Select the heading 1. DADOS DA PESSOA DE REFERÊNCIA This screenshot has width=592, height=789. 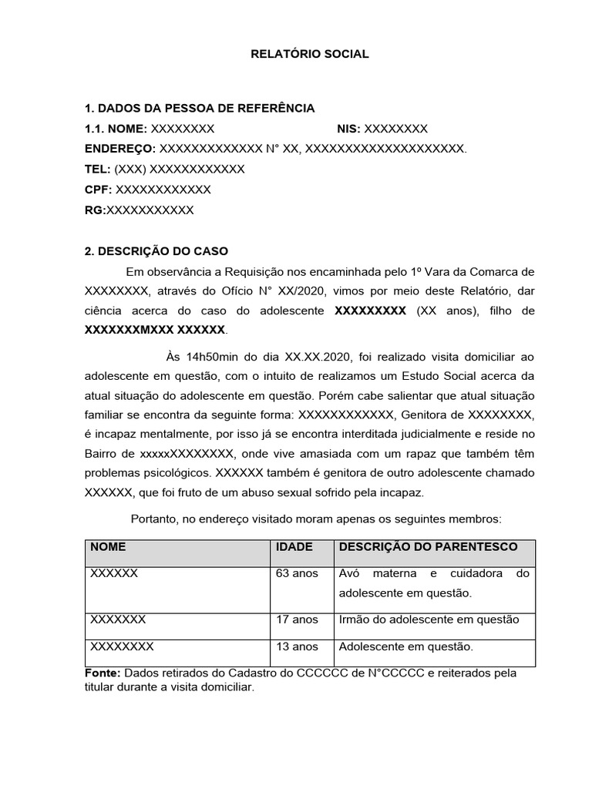pyautogui.click(x=199, y=108)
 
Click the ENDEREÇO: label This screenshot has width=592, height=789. pyautogui.click(x=119, y=149)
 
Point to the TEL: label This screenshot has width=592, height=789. pyautogui.click(x=98, y=169)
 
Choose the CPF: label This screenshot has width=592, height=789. pyautogui.click(x=98, y=190)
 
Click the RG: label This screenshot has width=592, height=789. pyautogui.click(x=95, y=210)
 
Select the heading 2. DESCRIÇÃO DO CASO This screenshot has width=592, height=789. pyautogui.click(x=156, y=251)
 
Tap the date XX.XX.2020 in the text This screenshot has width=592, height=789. pyautogui.click(x=318, y=356)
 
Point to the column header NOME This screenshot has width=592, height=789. pyautogui.click(x=108, y=547)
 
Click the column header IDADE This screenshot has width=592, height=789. pyautogui.click(x=294, y=547)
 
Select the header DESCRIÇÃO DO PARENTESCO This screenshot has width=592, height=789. pyautogui.click(x=429, y=547)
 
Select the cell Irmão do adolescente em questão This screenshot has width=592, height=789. pyautogui.click(x=429, y=619)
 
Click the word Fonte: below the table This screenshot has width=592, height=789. pyautogui.click(x=102, y=673)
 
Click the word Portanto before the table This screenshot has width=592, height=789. pyautogui.click(x=155, y=519)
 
